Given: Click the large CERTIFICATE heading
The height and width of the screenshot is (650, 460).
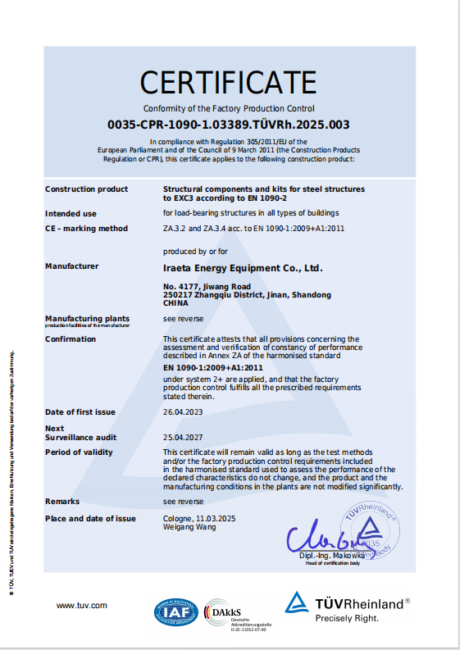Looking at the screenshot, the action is pos(228,82).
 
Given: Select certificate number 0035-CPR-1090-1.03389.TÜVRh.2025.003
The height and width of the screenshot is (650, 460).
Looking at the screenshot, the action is pos(229,125).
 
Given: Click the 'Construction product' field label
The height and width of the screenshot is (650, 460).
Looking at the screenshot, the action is pos(86,189).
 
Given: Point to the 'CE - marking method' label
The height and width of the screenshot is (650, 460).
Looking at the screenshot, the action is pos(86,229).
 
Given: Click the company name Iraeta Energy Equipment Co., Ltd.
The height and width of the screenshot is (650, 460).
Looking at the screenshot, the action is pos(243,267).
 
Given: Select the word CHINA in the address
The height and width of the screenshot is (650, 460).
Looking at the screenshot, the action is pos(175,302).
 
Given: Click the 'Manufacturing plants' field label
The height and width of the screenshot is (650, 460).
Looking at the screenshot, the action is pos(87,317).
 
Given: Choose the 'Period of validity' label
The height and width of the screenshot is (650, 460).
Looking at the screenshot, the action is pos(79,452).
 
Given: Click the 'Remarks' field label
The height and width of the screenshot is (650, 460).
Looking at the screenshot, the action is pos(62,500).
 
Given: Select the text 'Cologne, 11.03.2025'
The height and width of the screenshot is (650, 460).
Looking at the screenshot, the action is pos(199,518).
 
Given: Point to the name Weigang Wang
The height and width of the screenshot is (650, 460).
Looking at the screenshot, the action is pos(190,527).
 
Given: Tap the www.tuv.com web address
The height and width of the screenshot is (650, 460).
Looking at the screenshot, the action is pos(82,605).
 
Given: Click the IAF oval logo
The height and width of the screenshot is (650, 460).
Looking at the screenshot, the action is pos(175,611).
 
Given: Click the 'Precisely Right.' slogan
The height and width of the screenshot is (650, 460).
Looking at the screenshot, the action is pos(347,618).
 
